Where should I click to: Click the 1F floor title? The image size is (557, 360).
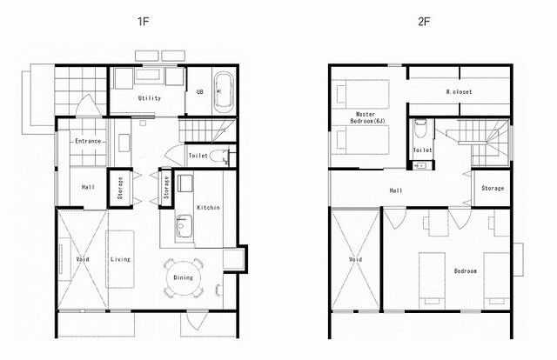(143, 22)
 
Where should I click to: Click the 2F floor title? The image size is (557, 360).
(424, 22)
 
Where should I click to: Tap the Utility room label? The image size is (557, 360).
(150, 98)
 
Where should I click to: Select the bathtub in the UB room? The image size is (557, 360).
(224, 90)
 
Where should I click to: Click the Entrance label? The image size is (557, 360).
(88, 141)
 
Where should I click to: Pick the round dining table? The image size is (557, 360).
(183, 277)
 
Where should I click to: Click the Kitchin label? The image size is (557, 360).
(209, 207)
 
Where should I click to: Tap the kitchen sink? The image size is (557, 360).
(184, 225)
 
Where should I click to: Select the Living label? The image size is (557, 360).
(120, 259)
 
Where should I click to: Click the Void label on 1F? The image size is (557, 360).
(83, 259)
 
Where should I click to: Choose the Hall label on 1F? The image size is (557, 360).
(88, 187)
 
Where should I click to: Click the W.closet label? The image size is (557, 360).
(459, 91)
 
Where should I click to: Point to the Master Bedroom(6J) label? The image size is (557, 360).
(366, 117)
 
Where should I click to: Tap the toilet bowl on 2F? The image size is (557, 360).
(420, 130)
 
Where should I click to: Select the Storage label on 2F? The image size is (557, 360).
(493, 188)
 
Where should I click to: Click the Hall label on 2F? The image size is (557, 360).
(396, 190)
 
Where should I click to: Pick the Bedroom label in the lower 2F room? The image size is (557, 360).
(466, 271)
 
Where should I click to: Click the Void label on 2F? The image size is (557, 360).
(356, 259)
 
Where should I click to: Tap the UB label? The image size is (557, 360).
(200, 91)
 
